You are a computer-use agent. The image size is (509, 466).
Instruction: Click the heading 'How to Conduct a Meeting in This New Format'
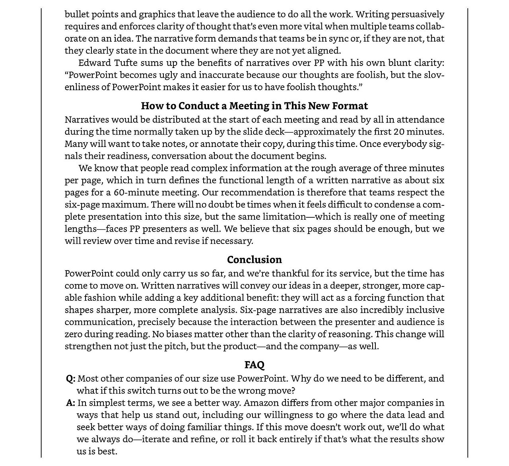[254, 106]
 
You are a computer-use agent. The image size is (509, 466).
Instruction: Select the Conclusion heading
[254, 259]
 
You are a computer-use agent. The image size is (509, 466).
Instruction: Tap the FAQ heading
[254, 365]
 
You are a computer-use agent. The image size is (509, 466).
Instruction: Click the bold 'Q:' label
[71, 379]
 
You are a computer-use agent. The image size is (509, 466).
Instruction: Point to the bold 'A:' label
[71, 403]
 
